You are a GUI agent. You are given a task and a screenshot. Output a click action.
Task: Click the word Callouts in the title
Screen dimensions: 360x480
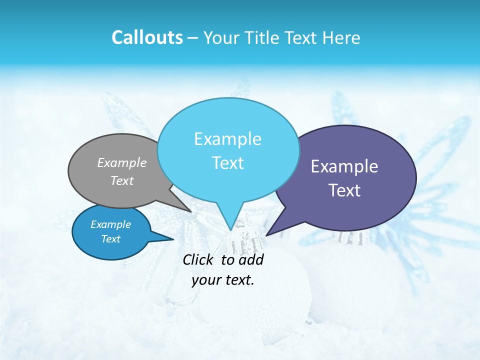(147, 37)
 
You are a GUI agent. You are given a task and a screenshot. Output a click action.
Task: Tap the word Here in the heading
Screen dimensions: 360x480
(340, 37)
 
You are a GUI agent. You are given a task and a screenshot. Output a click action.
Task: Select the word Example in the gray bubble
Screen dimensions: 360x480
(122, 162)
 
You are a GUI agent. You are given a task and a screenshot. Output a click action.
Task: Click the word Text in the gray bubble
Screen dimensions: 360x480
(122, 180)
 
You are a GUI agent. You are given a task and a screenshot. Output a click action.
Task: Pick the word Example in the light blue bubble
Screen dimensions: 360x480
(227, 139)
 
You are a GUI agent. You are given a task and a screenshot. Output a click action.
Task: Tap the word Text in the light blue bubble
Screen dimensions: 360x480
(227, 163)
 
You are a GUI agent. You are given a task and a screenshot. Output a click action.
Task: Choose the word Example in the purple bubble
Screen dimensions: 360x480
(344, 166)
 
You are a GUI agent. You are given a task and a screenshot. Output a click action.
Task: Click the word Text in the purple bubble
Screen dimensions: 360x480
(344, 190)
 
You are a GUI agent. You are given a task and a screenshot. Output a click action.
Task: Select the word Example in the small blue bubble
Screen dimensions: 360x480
(110, 224)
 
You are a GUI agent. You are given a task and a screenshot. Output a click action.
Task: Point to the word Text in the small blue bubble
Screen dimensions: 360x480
(110, 239)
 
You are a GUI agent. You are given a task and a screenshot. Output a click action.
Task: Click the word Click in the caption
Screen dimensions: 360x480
(199, 259)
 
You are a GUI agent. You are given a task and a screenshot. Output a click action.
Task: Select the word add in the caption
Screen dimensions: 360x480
(251, 259)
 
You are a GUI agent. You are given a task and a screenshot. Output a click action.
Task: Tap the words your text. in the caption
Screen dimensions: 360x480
(223, 280)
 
